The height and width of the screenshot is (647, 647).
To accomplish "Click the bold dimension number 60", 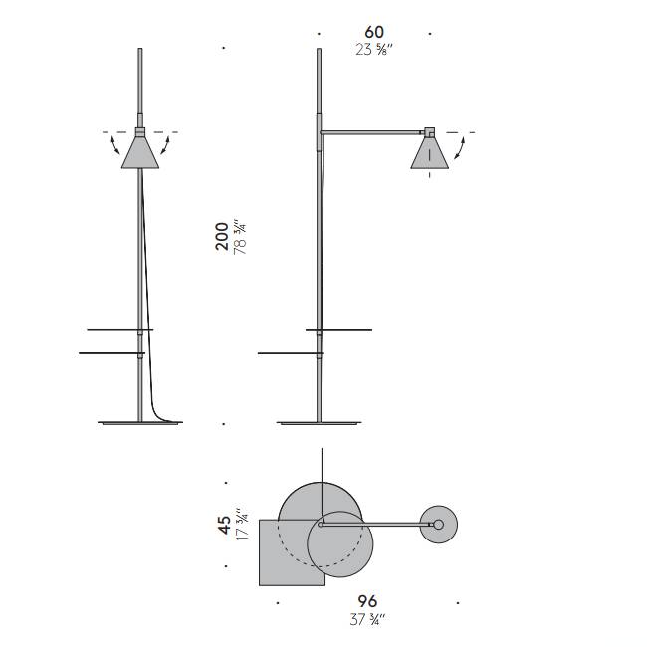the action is coord(374,32).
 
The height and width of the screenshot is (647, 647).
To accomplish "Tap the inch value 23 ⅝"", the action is coord(374,50).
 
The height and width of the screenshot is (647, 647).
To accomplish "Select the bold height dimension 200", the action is coord(222,236).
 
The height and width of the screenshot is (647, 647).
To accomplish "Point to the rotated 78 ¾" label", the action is coord(240,237).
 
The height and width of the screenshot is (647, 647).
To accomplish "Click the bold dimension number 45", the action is coord(225,525).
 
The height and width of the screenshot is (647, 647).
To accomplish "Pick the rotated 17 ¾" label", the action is coord(242,523).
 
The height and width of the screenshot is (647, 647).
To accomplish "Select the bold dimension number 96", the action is coord(367,601).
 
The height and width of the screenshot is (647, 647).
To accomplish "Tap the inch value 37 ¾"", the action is coord(367,619).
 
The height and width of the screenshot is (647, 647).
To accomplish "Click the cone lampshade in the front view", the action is coord(140,152).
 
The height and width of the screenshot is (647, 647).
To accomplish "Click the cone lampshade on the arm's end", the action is coord(430,153).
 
